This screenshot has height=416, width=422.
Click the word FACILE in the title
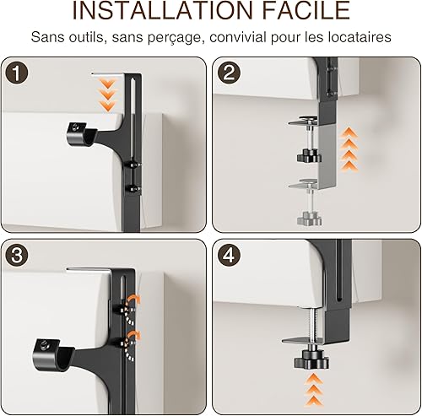(306, 10)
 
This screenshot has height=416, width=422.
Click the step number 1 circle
(16, 73)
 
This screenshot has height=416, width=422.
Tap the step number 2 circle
(229, 73)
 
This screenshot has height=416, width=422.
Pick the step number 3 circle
(16, 255)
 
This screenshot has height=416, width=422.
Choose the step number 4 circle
(229, 255)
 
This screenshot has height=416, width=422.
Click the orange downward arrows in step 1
(107, 95)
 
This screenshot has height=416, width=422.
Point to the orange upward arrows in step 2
(349, 149)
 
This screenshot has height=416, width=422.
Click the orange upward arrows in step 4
(314, 390)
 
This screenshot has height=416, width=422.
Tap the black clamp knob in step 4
(311, 360)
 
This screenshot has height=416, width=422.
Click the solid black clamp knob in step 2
(309, 155)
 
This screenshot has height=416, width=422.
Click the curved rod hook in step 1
(82, 134)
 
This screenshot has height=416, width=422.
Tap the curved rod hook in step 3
(53, 355)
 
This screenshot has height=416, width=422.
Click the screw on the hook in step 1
(76, 127)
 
